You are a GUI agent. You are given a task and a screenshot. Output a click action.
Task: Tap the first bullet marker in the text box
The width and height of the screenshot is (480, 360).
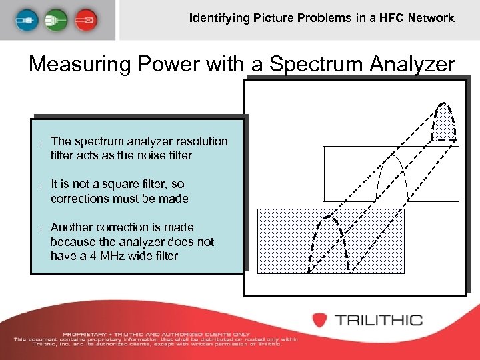tap(41, 142)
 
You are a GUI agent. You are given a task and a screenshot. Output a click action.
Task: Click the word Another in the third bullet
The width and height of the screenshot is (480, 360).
tap(75, 227)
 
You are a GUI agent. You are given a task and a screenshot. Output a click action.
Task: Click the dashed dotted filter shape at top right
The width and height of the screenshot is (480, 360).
tap(443, 123)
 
